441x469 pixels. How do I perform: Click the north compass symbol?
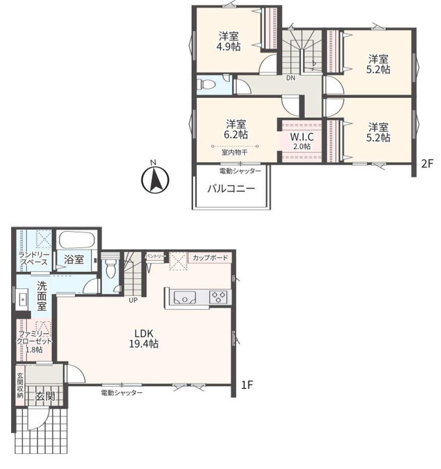point(155,180)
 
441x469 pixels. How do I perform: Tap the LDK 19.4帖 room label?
point(144,339)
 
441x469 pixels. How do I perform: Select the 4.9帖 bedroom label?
point(228,41)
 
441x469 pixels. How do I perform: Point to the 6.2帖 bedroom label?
point(236,129)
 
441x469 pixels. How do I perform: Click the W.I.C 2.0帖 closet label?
point(302,141)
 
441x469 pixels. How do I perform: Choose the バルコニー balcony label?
point(231,189)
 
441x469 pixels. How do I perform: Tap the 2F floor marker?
point(427,163)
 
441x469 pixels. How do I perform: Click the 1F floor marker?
point(247,385)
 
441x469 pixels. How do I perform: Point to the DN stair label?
point(291,79)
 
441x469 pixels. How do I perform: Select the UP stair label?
point(133,300)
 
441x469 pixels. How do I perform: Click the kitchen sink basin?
point(185,298)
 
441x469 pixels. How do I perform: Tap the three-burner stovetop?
point(218,297)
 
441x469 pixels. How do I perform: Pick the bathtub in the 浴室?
point(77,240)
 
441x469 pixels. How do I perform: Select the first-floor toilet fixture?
point(110,266)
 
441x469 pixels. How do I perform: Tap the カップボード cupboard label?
point(210,257)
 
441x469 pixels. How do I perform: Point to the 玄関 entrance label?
point(46,397)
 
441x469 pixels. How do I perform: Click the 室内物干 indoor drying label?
point(235,152)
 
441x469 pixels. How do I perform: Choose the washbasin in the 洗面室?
point(23,299)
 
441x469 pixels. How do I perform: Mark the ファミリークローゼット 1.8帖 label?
point(34,341)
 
